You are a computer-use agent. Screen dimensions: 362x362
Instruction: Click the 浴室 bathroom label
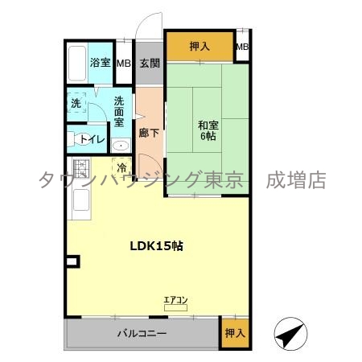point(100,63)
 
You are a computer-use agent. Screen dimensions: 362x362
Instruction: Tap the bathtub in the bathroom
point(77,64)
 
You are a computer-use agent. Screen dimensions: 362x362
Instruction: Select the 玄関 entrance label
point(150,64)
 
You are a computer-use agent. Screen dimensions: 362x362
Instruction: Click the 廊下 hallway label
point(149,133)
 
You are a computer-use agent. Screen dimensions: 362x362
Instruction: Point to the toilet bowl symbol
point(80,139)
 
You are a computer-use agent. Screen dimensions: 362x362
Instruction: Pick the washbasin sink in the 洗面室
point(121,146)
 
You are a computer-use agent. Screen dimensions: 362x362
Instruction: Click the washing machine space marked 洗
point(76,103)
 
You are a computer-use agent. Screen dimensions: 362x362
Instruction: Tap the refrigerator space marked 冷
point(122,167)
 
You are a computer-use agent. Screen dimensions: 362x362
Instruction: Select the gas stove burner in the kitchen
point(81,168)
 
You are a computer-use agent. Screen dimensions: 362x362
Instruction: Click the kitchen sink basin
point(81,200)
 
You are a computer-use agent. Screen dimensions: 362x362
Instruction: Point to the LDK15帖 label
point(157,245)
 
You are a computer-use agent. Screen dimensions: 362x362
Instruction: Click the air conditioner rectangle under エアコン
point(175,308)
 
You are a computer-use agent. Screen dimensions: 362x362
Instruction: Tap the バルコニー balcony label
point(142,333)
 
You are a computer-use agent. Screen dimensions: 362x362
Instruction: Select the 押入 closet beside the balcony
point(235,333)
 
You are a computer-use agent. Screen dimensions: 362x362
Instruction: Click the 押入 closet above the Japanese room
point(200,47)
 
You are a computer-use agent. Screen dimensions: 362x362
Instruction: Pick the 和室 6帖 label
point(208,130)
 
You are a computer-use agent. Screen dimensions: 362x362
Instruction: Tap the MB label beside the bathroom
point(124,64)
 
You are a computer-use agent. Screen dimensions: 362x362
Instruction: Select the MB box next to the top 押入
point(242,47)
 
